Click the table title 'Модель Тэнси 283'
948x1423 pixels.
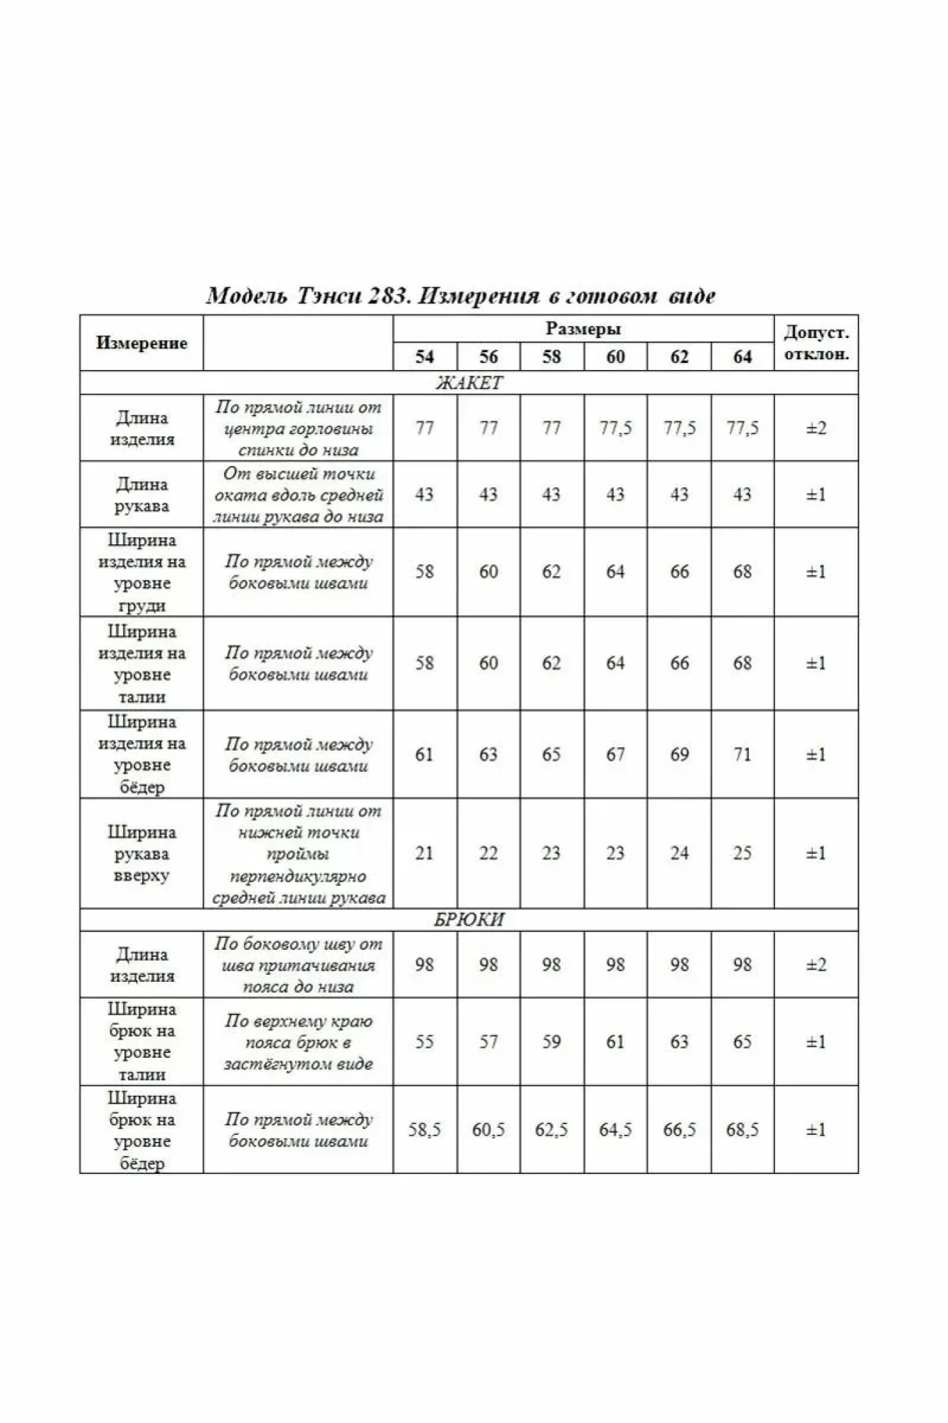460,295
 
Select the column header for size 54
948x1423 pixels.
425,356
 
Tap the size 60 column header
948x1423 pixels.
615,356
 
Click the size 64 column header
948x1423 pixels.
742,356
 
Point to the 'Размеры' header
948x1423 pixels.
583,329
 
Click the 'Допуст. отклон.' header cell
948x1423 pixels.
816,343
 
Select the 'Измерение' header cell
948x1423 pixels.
142,343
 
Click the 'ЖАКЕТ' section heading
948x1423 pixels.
469,383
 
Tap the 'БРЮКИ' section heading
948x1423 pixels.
469,920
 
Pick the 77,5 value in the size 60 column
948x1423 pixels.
615,428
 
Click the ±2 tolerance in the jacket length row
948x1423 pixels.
816,428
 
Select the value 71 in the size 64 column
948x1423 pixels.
742,754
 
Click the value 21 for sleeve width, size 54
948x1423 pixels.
425,853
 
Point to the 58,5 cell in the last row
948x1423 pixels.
425,1130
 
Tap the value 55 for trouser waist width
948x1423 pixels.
425,1042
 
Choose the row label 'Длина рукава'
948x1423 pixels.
142,495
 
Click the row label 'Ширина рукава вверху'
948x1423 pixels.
142,853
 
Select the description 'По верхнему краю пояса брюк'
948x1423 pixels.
298,1042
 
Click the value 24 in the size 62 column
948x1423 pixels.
679,853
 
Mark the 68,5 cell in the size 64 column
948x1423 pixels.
742,1130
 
